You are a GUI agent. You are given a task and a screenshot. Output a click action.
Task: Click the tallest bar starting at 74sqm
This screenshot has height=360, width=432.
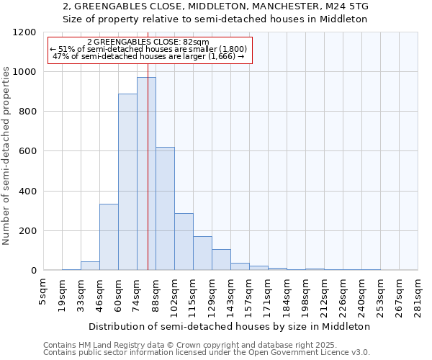coord(146,174)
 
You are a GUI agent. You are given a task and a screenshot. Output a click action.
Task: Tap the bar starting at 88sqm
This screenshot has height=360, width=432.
coord(165,209)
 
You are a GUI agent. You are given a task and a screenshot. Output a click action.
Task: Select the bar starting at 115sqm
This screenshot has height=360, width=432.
coord(202,253)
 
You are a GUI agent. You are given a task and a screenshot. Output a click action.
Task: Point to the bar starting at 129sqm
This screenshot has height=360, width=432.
coord(221,260)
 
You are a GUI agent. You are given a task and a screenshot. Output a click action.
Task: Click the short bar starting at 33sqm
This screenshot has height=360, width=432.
coord(90,266)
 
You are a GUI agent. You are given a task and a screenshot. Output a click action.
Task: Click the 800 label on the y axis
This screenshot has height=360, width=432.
coord(27,112)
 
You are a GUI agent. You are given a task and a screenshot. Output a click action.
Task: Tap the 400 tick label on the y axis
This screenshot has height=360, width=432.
coord(27,192)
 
